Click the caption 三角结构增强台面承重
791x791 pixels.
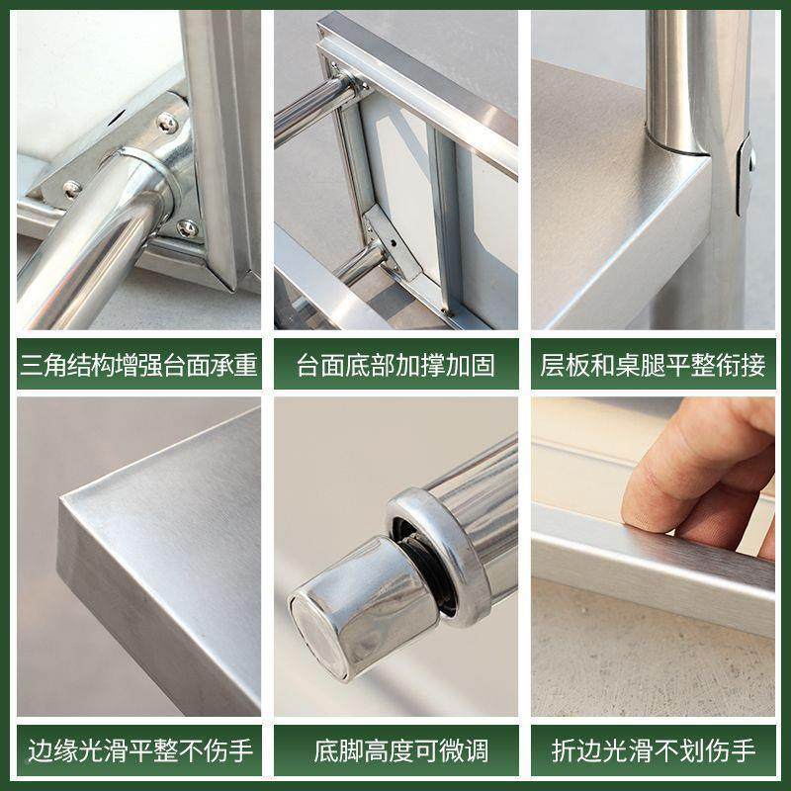(x=137, y=366)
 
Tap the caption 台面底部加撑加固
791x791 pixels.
(x=395, y=366)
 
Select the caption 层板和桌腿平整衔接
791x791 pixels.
(x=653, y=366)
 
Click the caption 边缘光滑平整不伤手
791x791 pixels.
(x=137, y=748)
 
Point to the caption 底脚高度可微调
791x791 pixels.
(x=395, y=748)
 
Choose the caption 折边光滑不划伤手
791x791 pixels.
(x=653, y=748)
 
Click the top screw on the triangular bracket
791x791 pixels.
(x=167, y=125)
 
